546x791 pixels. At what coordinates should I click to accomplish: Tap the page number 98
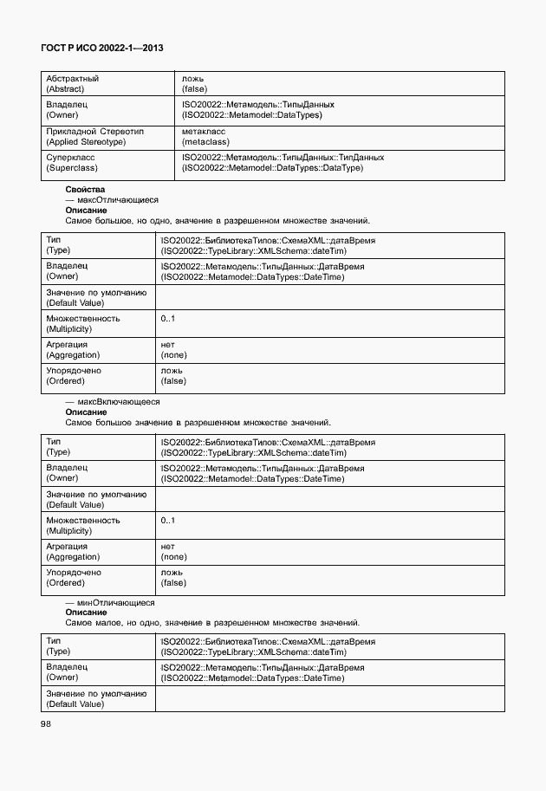click(x=45, y=724)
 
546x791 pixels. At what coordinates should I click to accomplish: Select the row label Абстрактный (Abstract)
click(x=72, y=83)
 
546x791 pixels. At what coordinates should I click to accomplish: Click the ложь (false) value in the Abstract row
click(x=194, y=83)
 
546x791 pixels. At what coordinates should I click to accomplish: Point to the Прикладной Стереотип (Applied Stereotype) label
click(x=94, y=136)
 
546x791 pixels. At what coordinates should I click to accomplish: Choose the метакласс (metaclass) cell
click(x=204, y=136)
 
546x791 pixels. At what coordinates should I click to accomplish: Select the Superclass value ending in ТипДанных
click(x=283, y=162)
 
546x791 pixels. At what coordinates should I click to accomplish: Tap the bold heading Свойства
click(x=85, y=189)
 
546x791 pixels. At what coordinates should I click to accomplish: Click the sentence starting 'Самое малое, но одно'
click(x=212, y=623)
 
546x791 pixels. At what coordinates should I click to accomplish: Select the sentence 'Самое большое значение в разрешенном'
click(x=198, y=423)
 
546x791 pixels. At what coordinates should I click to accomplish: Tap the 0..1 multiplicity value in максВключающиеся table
click(x=168, y=521)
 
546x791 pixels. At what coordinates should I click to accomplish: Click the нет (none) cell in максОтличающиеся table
click(x=173, y=349)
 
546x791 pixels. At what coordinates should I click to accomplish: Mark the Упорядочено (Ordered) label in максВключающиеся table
click(x=74, y=578)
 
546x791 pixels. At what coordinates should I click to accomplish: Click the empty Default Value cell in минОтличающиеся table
click(x=329, y=699)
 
